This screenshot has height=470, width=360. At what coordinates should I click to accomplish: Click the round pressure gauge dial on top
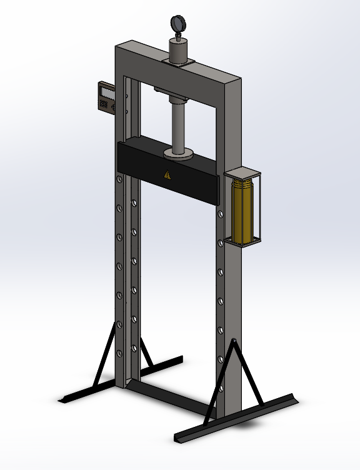[178, 23]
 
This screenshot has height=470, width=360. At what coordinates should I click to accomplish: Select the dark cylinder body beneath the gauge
[180, 49]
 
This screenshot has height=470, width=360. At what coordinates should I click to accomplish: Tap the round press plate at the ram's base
[178, 153]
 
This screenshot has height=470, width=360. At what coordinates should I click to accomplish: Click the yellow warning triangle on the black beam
[166, 175]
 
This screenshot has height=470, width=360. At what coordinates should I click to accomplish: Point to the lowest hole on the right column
[221, 359]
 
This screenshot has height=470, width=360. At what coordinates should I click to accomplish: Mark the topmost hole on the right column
[219, 213]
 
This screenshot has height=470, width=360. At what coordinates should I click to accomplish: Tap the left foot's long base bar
[122, 381]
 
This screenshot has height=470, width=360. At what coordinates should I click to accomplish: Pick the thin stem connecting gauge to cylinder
[178, 36]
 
